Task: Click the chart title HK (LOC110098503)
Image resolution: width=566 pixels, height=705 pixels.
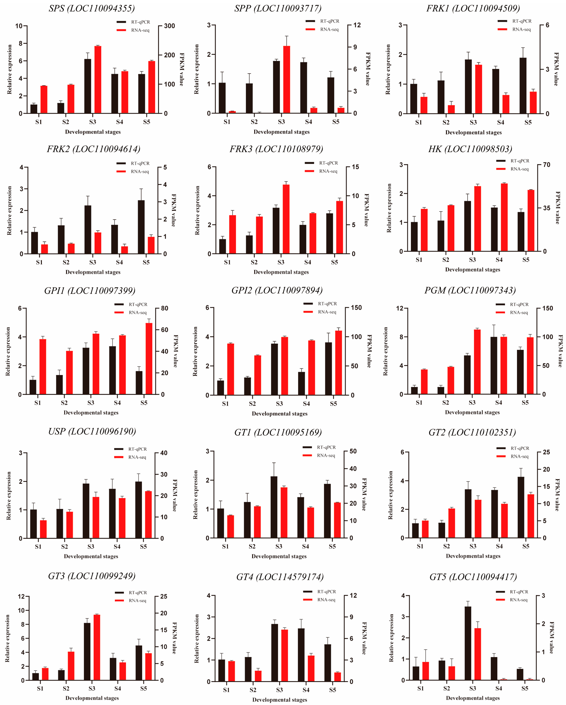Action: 470,149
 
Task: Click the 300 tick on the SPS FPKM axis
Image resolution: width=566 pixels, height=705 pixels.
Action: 170,26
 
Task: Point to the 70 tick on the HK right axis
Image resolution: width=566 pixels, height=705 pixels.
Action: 546,165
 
